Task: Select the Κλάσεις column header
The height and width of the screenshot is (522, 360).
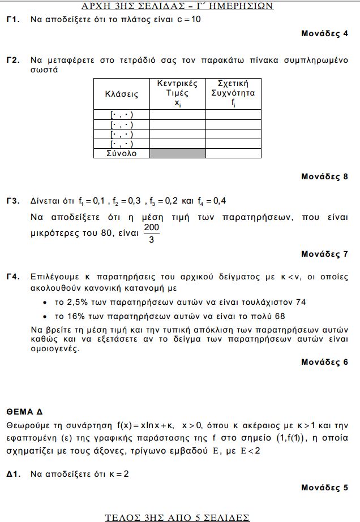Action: pos(121,94)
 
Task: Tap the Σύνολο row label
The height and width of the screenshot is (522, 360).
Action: pos(121,153)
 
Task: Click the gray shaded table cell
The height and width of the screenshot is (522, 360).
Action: pos(177,153)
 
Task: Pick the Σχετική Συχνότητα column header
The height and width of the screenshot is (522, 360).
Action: pos(233,93)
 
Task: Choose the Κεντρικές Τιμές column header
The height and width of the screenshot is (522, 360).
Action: pos(177,93)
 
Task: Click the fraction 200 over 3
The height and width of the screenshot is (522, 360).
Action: pos(151,233)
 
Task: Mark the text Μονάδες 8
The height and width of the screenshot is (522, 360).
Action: pos(324,176)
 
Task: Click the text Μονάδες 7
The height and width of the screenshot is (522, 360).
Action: pos(324,254)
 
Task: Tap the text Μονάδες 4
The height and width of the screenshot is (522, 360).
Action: pos(324,33)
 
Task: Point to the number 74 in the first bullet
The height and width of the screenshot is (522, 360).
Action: pos(300,302)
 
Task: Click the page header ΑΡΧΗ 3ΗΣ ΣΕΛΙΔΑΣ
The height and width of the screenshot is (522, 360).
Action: pos(178,6)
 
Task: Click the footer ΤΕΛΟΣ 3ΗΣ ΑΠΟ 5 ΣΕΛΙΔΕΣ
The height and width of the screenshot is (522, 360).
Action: pos(177,517)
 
